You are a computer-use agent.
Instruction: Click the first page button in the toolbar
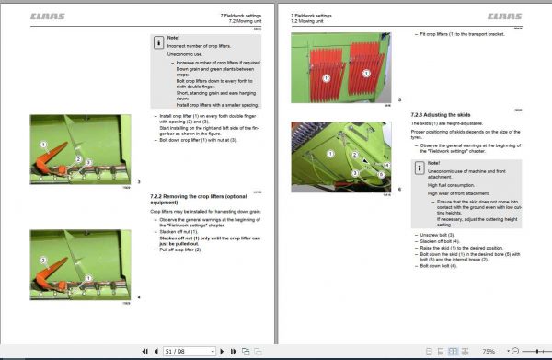click(144, 351)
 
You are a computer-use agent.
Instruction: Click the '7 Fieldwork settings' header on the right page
click(310, 14)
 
